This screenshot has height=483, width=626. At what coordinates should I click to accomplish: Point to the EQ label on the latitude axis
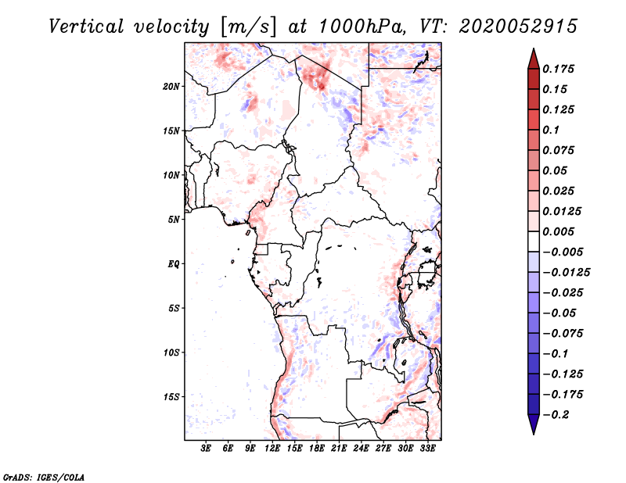pyautogui.click(x=174, y=263)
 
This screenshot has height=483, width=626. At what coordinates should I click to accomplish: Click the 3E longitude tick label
pyautogui.click(x=206, y=448)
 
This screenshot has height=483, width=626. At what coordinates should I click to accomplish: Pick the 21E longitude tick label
pyautogui.click(x=339, y=448)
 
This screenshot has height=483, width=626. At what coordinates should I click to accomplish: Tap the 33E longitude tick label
pyautogui.click(x=427, y=448)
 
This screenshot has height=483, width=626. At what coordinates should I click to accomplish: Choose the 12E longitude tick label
pyautogui.click(x=272, y=448)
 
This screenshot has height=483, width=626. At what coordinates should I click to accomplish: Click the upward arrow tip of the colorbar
pyautogui.click(x=533, y=50)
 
